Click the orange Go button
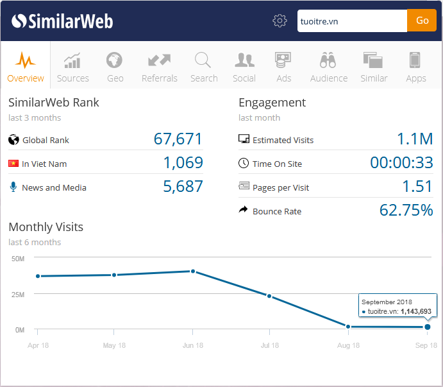(422, 21)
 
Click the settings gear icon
(280, 21)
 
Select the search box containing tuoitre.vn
(352, 21)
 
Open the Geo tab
(115, 67)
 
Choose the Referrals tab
(159, 67)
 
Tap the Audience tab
(328, 67)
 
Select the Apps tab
(415, 67)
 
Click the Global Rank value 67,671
(178, 139)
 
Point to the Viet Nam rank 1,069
(183, 163)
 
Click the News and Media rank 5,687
(183, 187)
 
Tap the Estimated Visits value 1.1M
(414, 139)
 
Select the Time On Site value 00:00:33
(401, 163)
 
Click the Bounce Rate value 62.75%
(406, 211)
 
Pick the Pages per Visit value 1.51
(417, 187)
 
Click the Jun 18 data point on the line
(192, 271)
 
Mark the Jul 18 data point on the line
(269, 296)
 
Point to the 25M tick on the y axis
(18, 295)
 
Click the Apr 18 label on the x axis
(37, 345)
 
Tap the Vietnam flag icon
(13, 164)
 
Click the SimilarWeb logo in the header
(62, 21)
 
